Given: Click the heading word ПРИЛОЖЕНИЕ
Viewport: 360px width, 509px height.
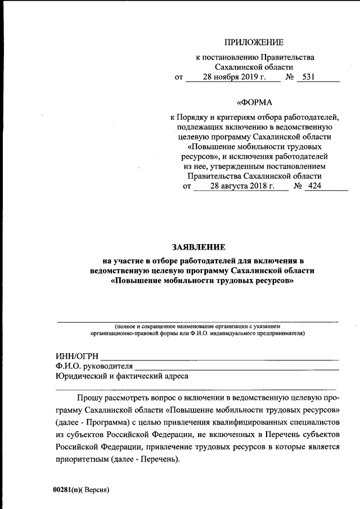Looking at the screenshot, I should point(254,42).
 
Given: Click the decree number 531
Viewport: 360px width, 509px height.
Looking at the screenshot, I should point(308,78).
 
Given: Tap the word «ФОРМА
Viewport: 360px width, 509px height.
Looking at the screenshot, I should point(254,102).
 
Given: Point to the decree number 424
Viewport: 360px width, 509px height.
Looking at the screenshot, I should point(314,186).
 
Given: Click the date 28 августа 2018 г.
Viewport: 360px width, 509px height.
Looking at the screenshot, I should point(242,186).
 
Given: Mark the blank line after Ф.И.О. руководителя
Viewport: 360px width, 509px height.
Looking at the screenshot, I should point(236,369).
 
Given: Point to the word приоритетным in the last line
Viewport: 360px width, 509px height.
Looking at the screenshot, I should point(82,459).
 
